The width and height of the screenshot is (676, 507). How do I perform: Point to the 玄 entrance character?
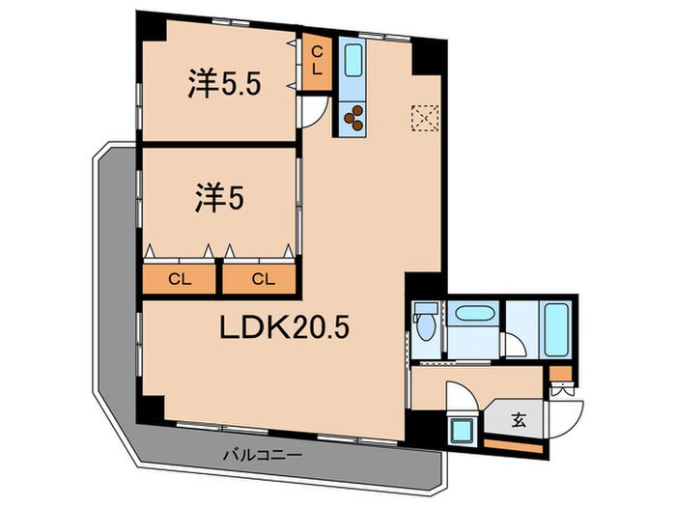point(519,420)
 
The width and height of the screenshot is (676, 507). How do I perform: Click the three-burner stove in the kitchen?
point(353,118)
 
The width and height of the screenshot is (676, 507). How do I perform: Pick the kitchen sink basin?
point(353,65)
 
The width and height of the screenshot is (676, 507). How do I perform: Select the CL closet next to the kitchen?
point(316,64)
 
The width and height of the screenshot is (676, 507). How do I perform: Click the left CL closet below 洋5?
point(178,280)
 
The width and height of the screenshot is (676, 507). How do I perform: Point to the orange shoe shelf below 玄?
point(513,444)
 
